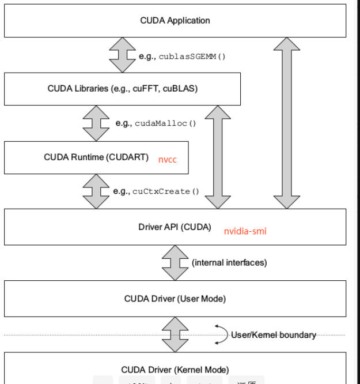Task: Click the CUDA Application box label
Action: point(175,21)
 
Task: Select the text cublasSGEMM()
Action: point(181,57)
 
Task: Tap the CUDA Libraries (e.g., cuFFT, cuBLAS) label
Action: point(123,88)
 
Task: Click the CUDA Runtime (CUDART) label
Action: point(96,157)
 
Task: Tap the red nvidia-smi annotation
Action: point(245,231)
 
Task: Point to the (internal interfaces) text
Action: point(229,262)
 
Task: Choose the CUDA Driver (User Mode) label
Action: point(175,298)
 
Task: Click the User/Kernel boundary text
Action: point(273,335)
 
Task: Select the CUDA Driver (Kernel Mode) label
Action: point(175,369)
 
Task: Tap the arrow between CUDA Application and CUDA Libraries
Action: point(122,56)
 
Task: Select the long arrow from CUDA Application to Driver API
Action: point(286,122)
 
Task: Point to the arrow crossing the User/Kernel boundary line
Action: point(174,334)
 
